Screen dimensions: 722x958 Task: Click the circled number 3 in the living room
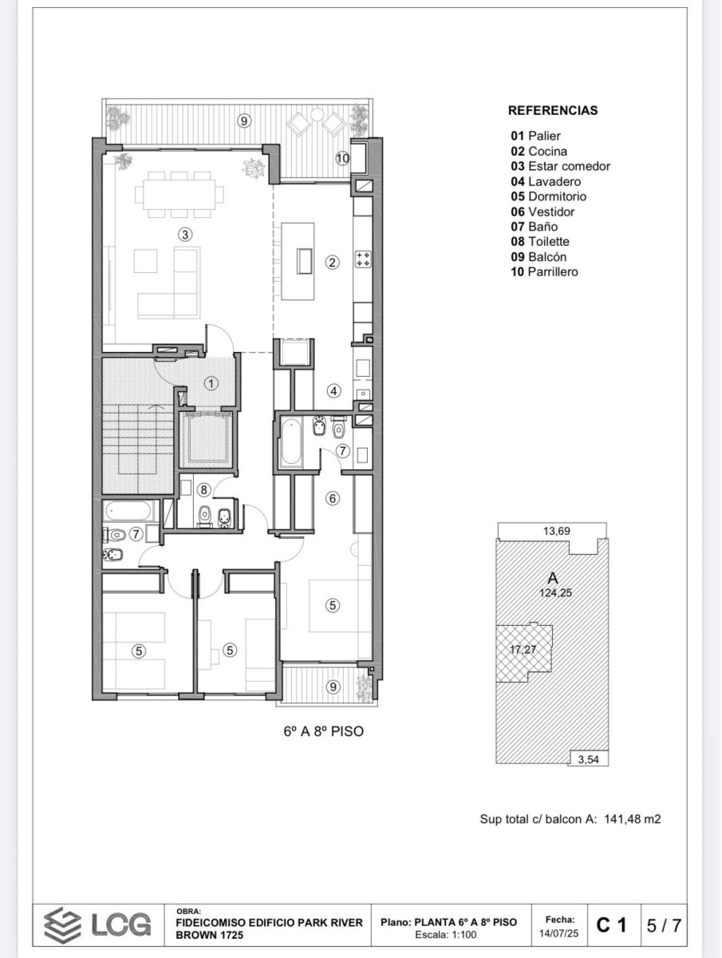(185, 235)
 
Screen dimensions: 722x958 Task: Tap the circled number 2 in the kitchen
(332, 263)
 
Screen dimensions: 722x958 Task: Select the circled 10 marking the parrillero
(343, 158)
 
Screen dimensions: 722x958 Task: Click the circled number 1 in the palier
(211, 384)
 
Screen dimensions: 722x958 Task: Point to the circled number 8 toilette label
(203, 489)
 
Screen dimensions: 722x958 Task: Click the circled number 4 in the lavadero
(334, 391)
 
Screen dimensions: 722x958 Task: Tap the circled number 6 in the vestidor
(333, 498)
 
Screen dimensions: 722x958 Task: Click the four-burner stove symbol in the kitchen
(363, 259)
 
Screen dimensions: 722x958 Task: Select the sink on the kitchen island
(304, 261)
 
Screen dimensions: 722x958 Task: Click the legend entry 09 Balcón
(539, 256)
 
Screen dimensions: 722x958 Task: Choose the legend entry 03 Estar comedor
(561, 166)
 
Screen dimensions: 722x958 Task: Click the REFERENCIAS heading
(553, 110)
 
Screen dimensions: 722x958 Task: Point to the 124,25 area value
(555, 592)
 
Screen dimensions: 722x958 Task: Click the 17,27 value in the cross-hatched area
(523, 649)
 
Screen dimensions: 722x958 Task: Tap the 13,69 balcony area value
(557, 531)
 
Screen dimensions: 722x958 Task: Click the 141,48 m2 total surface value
(632, 819)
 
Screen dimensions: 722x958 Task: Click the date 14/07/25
(559, 933)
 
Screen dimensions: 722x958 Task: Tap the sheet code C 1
(611, 925)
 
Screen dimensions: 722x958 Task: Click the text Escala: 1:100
(446, 935)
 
